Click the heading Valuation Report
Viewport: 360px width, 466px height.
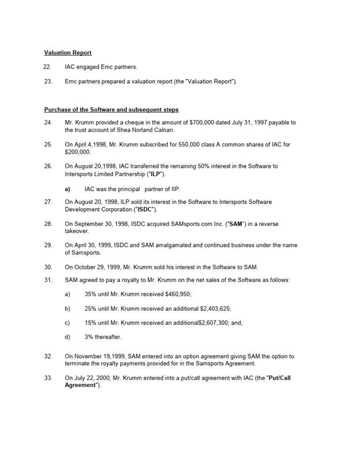[x=67, y=52]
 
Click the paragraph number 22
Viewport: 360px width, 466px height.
[x=47, y=67]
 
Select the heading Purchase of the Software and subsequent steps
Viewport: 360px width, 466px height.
[x=111, y=110]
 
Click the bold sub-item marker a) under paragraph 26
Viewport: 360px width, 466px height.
[x=67, y=189]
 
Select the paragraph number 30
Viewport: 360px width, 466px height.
[x=47, y=267]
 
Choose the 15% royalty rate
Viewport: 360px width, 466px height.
[x=91, y=323]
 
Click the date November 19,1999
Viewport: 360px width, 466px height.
[x=99, y=357]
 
